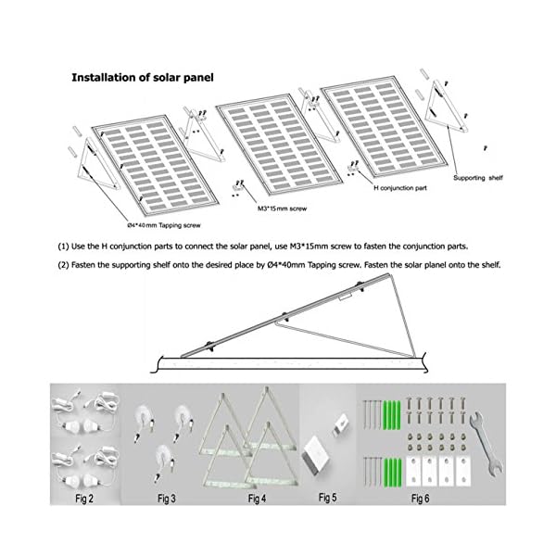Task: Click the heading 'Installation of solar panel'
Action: (143, 78)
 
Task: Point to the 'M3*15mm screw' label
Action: (282, 209)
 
